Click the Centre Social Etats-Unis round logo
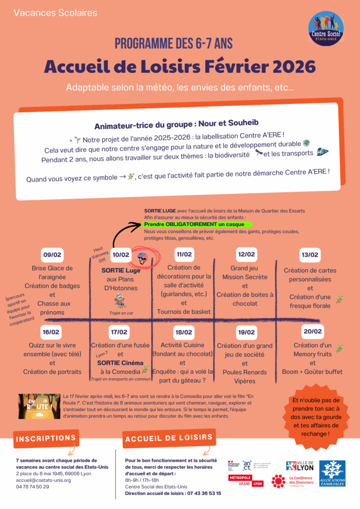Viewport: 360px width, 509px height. point(326,28)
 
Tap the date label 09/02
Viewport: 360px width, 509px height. point(52,255)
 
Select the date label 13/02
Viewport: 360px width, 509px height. point(309,255)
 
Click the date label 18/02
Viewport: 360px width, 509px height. point(183,332)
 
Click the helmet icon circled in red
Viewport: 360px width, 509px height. point(142,257)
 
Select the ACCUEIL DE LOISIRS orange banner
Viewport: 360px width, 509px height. point(168,439)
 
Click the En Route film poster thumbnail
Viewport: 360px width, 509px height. point(38,406)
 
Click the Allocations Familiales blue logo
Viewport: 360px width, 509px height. point(332,473)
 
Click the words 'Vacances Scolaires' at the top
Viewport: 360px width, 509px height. point(55,12)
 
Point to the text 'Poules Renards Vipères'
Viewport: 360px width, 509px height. point(245,376)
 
